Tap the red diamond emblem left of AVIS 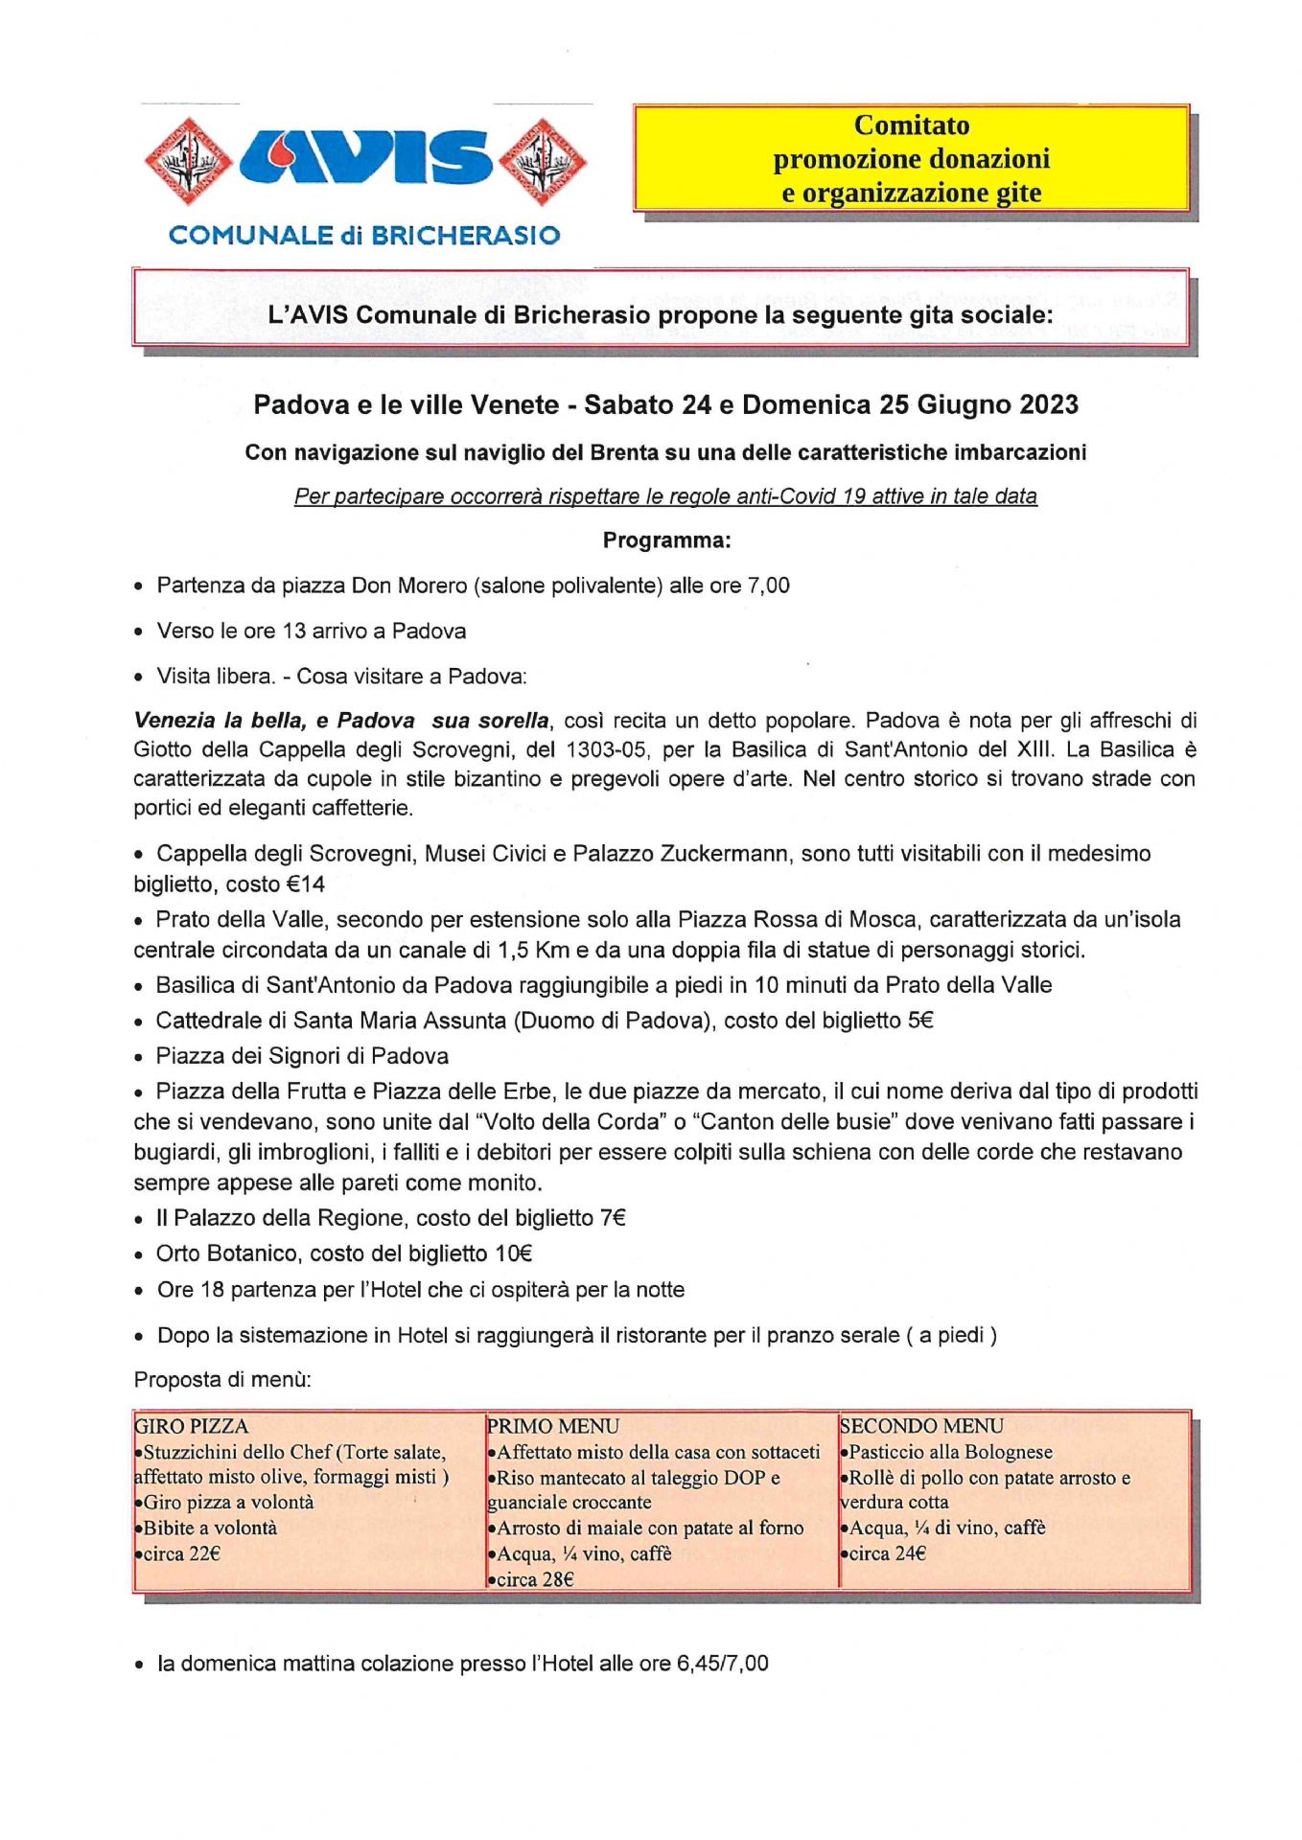click(x=188, y=161)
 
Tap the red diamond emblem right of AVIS click(x=543, y=161)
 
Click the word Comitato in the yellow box click(x=911, y=126)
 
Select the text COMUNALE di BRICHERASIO click(x=364, y=236)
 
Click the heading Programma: click(x=666, y=540)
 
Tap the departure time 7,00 click(x=767, y=586)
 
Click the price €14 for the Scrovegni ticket click(x=306, y=884)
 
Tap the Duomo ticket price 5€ click(x=920, y=1021)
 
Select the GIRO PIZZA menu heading click(x=192, y=1426)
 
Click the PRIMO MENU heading click(x=553, y=1426)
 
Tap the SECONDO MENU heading click(x=921, y=1426)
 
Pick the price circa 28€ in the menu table click(x=535, y=1579)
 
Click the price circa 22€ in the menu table click(x=182, y=1553)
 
